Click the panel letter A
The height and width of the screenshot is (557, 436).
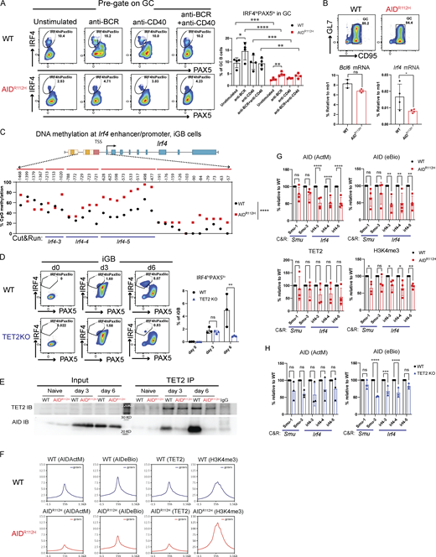tap(6, 6)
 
